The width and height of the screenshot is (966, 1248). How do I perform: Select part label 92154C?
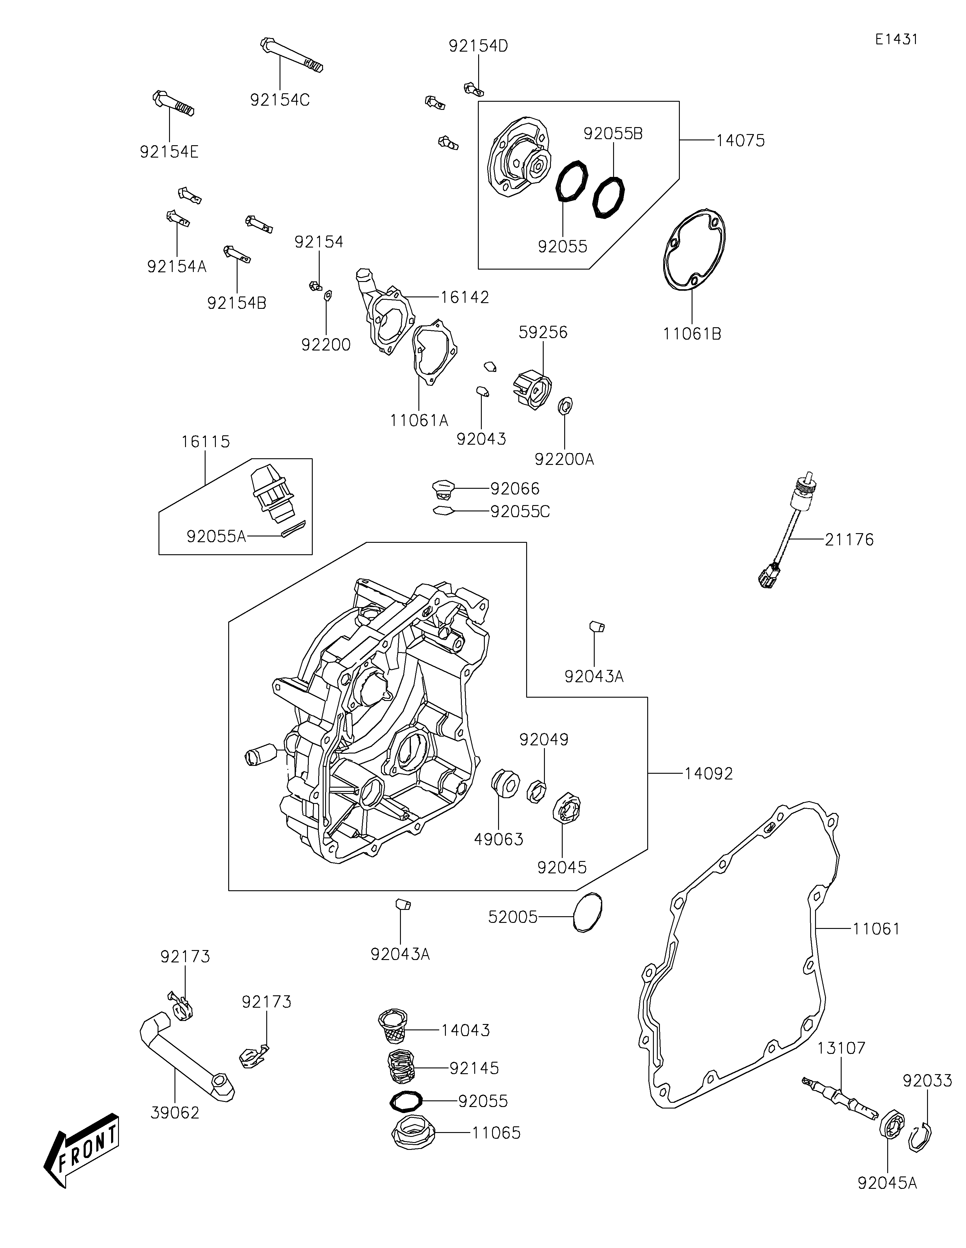pos(280,100)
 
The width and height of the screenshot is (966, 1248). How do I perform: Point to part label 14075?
pos(740,141)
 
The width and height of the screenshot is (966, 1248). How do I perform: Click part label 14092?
pos(709,774)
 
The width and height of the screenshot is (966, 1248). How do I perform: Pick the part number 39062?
pos(175,1113)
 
